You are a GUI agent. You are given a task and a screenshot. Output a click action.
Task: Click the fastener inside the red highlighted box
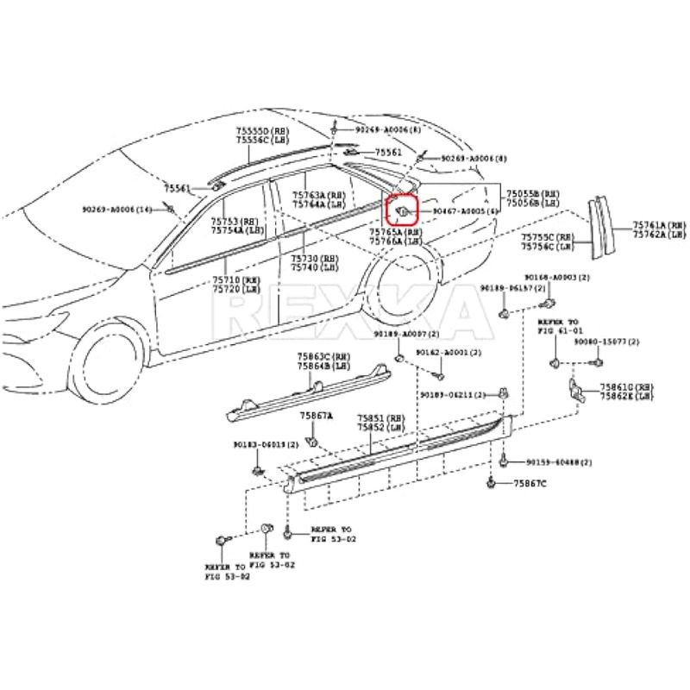click(x=404, y=209)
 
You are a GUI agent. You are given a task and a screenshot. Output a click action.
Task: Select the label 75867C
click(x=530, y=484)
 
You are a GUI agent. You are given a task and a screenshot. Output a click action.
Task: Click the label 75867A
click(x=316, y=416)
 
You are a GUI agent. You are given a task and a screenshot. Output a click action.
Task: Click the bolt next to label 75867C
click(x=491, y=483)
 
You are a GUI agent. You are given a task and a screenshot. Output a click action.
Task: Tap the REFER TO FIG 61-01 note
click(x=561, y=325)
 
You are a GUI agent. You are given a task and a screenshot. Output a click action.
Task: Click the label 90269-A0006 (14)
click(x=117, y=210)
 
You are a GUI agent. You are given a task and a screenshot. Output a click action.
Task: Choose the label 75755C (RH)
click(x=554, y=236)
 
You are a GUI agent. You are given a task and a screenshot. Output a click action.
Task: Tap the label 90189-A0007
click(x=406, y=334)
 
